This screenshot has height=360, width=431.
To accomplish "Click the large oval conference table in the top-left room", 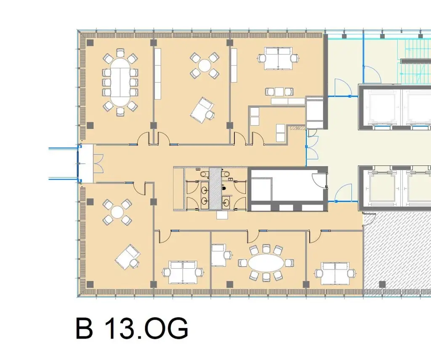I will [120, 82].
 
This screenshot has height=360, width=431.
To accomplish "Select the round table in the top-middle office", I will [205, 65].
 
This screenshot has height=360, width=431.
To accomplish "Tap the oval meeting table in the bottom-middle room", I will [266, 263].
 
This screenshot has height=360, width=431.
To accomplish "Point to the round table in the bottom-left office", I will [117, 212].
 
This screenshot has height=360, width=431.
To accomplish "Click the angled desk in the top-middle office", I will [201, 108].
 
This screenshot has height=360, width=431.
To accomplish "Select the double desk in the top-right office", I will [277, 58].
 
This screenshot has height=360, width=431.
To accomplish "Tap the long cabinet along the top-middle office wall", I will [157, 74].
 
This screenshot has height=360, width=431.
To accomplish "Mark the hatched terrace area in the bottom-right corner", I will [398, 253].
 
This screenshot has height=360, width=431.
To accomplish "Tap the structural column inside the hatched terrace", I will [382, 284].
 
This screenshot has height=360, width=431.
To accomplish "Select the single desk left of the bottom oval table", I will [218, 256].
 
